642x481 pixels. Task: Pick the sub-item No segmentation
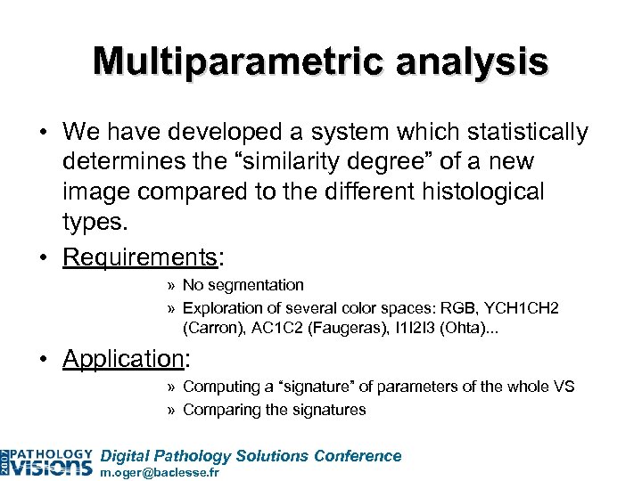(x=243, y=285)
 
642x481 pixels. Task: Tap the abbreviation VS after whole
(x=564, y=387)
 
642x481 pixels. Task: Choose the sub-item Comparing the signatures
(x=274, y=410)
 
